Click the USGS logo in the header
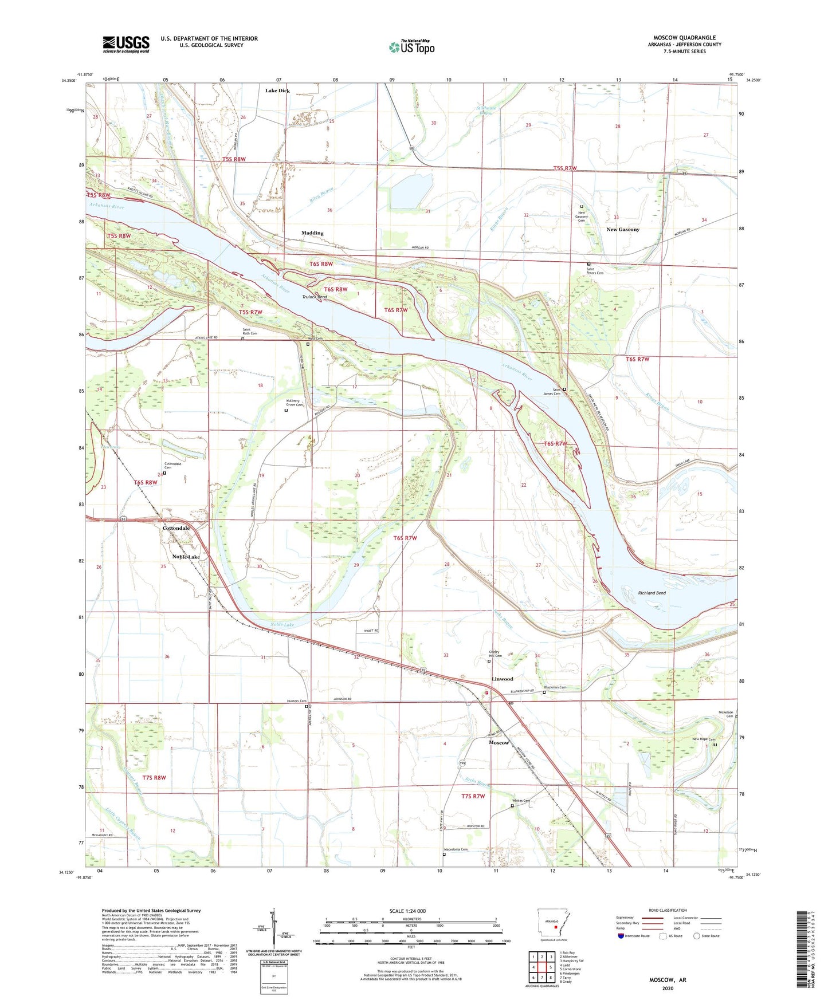pos(125,44)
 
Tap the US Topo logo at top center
pos(411,47)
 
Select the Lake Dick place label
pos(277,90)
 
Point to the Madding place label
pos(312,233)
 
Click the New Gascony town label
pos(623,230)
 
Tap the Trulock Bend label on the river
pos(315,297)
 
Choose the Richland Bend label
pos(652,593)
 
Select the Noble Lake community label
pos(186,557)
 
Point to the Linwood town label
pos(503,679)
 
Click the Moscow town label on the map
pos(499,742)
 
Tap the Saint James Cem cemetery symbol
pos(564,389)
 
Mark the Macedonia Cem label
pos(456,849)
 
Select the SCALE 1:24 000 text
pos(407,911)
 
